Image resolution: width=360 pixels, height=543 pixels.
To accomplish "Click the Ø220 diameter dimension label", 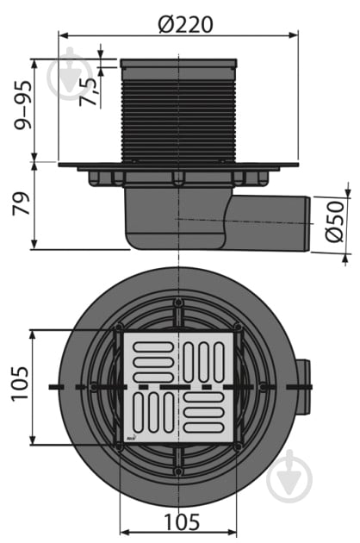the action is click(185, 25).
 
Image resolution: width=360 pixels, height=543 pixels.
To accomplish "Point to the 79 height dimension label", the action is click(22, 204).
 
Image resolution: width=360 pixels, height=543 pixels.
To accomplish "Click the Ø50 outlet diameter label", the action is click(335, 222).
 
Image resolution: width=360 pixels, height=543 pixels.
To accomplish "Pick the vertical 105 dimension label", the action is click(21, 384).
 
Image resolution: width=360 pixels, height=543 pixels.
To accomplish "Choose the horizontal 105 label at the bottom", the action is click(182, 521).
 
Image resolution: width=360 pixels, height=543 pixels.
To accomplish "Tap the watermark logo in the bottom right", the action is click(289, 476).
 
